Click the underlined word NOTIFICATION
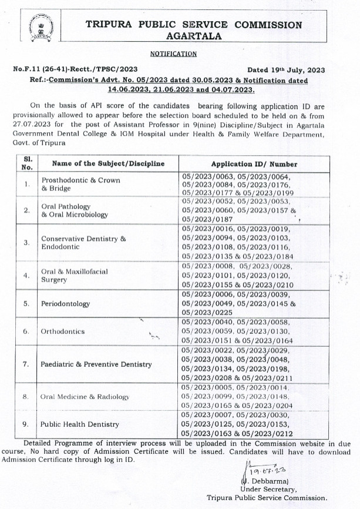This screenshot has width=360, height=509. [x=173, y=53]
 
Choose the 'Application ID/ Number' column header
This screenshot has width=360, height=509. [x=254, y=164]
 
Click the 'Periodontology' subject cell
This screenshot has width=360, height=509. [x=65, y=304]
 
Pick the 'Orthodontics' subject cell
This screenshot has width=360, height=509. [x=63, y=331]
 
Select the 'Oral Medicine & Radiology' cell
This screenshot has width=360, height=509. [x=85, y=397]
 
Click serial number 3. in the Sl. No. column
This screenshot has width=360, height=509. [x=26, y=242]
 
